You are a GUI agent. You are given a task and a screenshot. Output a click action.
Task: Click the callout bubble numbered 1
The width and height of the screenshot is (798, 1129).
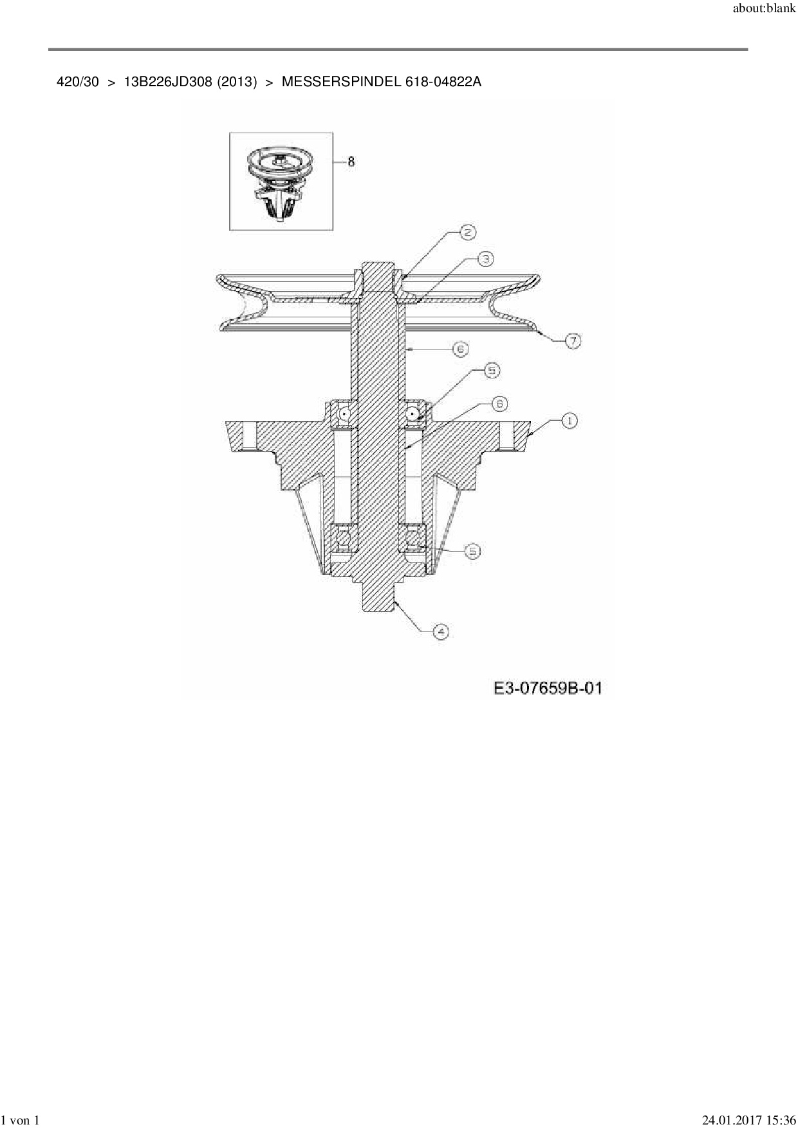pyautogui.click(x=569, y=421)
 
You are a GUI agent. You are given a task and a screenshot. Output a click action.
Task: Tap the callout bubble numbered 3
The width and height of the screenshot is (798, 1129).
pyautogui.click(x=485, y=259)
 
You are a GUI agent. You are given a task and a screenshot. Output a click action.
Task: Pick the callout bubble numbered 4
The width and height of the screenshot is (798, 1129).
pyautogui.click(x=441, y=631)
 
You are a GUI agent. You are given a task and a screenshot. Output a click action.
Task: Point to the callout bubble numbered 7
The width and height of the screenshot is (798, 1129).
pyautogui.click(x=573, y=341)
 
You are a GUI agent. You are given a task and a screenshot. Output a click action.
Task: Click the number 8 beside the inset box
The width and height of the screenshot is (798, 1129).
pyautogui.click(x=351, y=162)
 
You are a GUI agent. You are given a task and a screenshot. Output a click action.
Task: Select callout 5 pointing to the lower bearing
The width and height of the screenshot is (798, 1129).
pyautogui.click(x=473, y=551)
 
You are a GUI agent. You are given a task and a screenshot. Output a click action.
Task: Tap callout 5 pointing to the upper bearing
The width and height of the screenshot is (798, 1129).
pyautogui.click(x=492, y=371)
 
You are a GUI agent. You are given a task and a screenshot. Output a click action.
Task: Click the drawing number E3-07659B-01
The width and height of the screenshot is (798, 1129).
pyautogui.click(x=548, y=688)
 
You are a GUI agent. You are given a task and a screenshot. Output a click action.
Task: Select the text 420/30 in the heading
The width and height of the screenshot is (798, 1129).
pyautogui.click(x=78, y=82)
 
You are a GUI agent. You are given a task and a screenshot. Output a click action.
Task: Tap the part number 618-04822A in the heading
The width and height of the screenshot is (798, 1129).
pyautogui.click(x=443, y=82)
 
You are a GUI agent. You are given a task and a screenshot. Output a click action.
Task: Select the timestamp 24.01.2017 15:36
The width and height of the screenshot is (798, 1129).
pyautogui.click(x=748, y=1121)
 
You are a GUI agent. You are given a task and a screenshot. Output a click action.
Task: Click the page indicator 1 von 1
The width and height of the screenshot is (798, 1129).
pyautogui.click(x=21, y=1121)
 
